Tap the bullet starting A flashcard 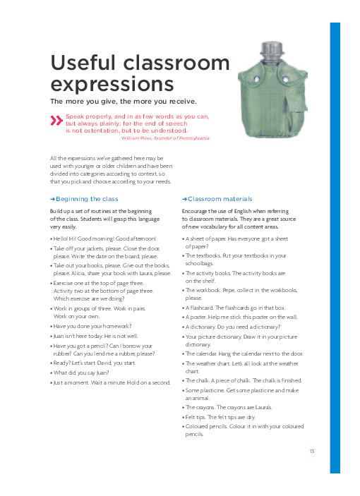click(234, 308)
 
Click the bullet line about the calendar click(244, 352)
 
